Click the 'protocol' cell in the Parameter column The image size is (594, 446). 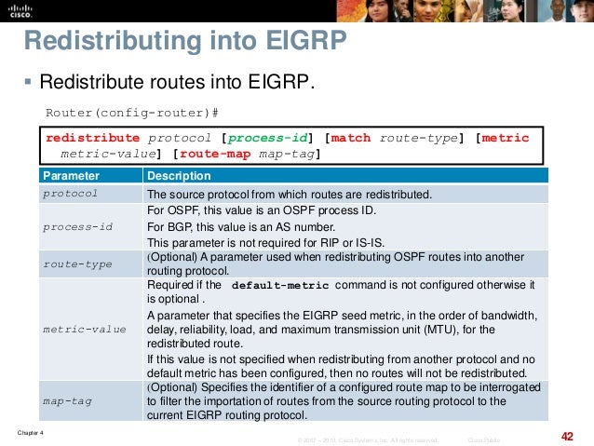pyautogui.click(x=71, y=194)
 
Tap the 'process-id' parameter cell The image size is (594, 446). pyautogui.click(x=78, y=226)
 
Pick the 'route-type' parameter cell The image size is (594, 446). pyautogui.click(x=78, y=264)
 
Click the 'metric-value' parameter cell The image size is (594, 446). pyautogui.click(x=84, y=329)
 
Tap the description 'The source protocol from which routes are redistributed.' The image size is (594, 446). pyautogui.click(x=290, y=194)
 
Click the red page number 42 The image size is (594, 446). pyautogui.click(x=567, y=436)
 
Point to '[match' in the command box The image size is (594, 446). pyautogui.click(x=350, y=138)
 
